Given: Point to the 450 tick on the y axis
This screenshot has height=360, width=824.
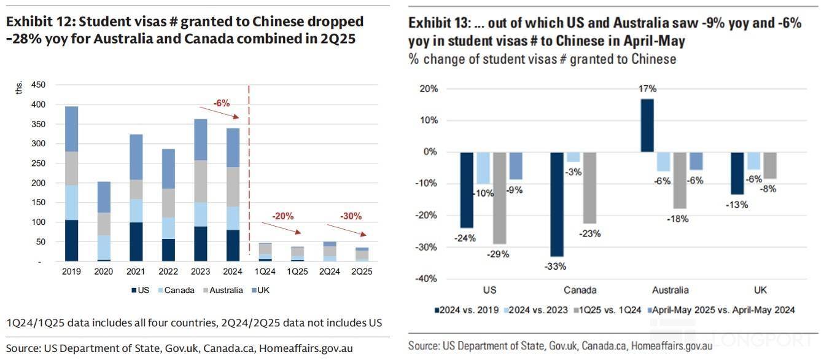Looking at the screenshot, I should click(x=39, y=85).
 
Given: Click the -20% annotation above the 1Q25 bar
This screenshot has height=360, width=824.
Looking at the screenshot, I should click(x=284, y=216).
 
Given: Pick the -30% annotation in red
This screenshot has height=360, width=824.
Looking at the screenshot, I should click(x=351, y=216).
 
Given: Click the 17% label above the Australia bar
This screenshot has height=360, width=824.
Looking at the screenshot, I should click(x=647, y=88).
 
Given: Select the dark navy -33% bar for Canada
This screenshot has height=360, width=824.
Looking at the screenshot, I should click(x=557, y=203).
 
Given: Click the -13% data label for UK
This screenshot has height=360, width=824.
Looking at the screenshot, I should click(x=736, y=205).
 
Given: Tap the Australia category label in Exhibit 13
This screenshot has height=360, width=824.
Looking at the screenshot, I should click(x=670, y=290).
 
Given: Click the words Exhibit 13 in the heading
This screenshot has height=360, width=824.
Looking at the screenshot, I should click(x=438, y=24).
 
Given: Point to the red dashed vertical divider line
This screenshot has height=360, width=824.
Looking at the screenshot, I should click(x=249, y=172).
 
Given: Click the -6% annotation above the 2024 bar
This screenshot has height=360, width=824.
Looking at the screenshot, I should click(x=221, y=103).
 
